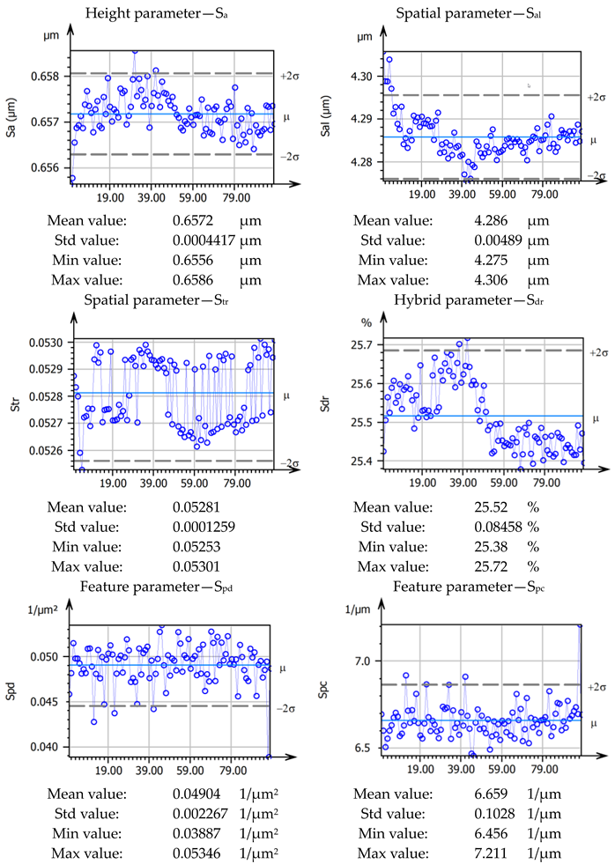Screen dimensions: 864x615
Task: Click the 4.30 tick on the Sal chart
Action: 362,78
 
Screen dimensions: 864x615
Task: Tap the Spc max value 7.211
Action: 491,852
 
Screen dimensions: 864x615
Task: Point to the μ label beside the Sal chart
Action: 592,139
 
